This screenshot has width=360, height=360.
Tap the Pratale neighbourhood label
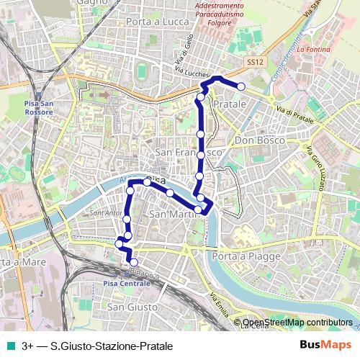pos(230,104)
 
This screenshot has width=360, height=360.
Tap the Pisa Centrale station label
pos(127,284)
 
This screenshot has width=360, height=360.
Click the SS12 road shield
pos(253,63)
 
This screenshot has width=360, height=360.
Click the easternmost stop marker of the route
pos(241,86)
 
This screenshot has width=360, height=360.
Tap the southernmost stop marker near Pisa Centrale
pos(133,262)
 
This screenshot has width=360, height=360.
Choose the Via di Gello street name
pos(181,52)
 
